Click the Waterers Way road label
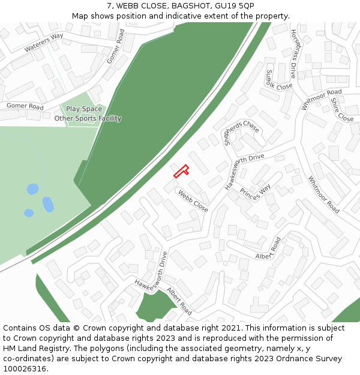pyautogui.click(x=44, y=42)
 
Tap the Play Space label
pyautogui.click(x=84, y=109)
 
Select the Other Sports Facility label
pyautogui.click(x=88, y=118)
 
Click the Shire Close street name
pyautogui.click(x=342, y=110)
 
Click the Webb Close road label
pyautogui.click(x=193, y=201)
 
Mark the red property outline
pyautogui.click(x=181, y=172)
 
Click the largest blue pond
pyautogui.click(x=48, y=205)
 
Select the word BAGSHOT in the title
pyautogui.click(x=186, y=6)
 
